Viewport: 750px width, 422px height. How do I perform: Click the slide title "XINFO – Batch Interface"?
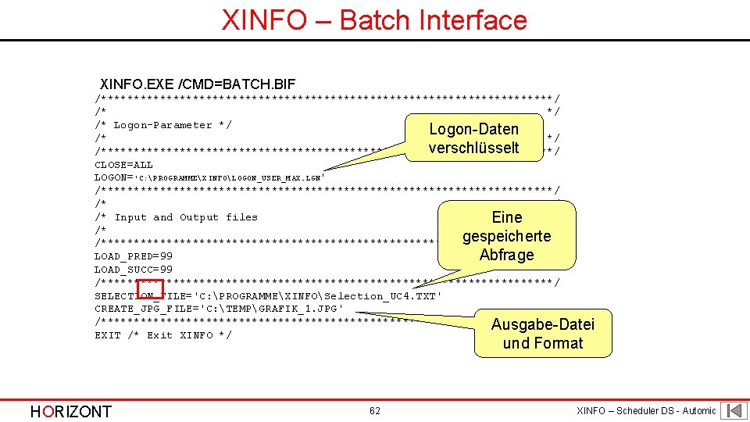374,20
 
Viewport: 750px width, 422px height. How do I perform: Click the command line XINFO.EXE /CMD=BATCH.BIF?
198,84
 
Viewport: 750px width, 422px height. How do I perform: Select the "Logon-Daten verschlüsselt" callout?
473,138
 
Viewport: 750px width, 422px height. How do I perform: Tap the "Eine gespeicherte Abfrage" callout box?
507,235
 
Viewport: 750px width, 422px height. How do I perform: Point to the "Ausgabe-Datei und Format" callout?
542,334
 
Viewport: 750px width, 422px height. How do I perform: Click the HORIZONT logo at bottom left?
71,412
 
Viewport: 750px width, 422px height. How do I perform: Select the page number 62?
375,411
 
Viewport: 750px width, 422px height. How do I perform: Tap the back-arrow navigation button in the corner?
734,410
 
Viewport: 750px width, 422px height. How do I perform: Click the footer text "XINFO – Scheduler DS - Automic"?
645,411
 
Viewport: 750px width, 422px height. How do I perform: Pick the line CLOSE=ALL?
123,165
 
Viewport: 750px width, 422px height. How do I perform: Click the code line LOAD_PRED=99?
134,256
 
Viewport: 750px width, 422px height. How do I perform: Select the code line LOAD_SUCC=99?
134,270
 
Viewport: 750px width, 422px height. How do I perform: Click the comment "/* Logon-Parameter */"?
163,125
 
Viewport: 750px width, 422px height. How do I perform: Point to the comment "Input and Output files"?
186,217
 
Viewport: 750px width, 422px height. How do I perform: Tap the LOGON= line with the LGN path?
209,178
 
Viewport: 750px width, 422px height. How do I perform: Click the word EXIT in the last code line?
107,335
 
